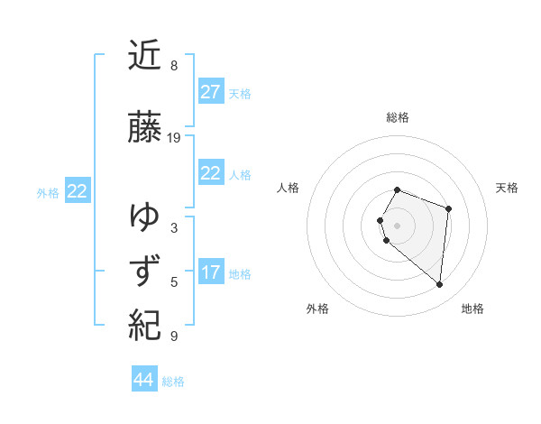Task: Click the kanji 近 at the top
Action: pyautogui.click(x=145, y=57)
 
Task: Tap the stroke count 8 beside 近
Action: pyautogui.click(x=174, y=66)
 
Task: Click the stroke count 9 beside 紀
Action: pyautogui.click(x=174, y=336)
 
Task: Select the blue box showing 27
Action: pyautogui.click(x=210, y=92)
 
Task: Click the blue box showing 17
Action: pyautogui.click(x=210, y=272)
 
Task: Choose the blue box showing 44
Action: pyautogui.click(x=144, y=380)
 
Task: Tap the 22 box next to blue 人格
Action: pyautogui.click(x=210, y=173)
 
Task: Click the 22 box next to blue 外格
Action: pyautogui.click(x=78, y=191)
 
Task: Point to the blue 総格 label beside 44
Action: pyautogui.click(x=173, y=382)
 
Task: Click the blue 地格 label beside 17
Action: pyautogui.click(x=240, y=274)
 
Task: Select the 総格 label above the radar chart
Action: pyautogui.click(x=398, y=117)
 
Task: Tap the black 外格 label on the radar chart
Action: pyautogui.click(x=317, y=309)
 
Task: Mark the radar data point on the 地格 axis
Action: pyautogui.click(x=439, y=285)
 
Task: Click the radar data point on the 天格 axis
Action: pyautogui.click(x=448, y=208)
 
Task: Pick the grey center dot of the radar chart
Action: pyautogui.click(x=398, y=225)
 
